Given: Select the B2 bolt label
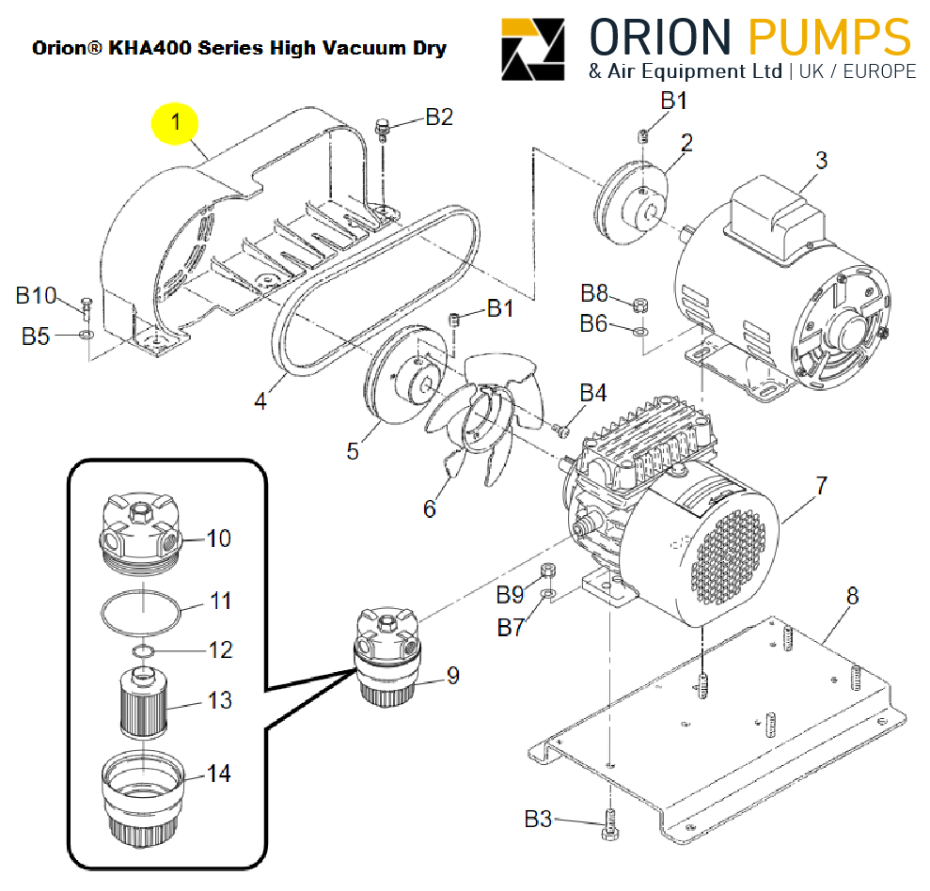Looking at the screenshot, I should (x=439, y=117).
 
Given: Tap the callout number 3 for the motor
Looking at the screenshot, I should (x=821, y=161).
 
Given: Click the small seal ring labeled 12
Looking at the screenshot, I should (x=141, y=651).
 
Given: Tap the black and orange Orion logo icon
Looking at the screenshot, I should (x=533, y=50).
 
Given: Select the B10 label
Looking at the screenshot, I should (x=37, y=296).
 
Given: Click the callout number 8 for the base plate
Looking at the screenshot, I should (x=853, y=596).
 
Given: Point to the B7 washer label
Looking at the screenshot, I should (x=511, y=628).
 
